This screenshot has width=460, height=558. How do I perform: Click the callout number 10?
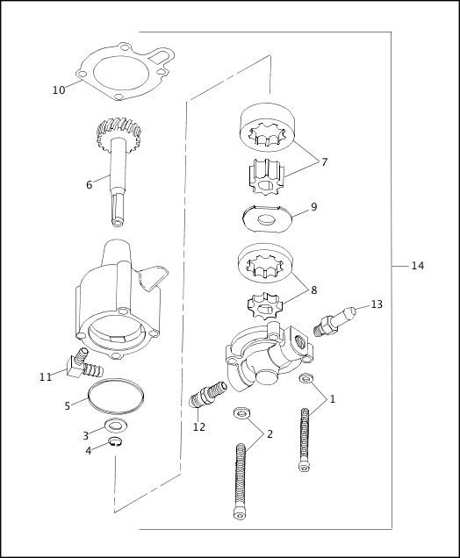click(x=58, y=89)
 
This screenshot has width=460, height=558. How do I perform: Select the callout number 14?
click(x=417, y=266)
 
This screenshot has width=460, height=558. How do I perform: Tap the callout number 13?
click(x=376, y=304)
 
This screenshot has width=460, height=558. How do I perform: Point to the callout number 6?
click(x=89, y=185)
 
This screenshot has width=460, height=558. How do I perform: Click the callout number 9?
click(x=313, y=207)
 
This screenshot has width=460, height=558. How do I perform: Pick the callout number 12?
click(x=199, y=427)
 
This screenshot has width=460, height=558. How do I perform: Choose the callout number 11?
click(x=46, y=376)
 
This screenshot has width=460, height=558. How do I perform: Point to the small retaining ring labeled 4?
click(x=116, y=441)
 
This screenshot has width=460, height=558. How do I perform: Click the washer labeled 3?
click(x=113, y=426)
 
